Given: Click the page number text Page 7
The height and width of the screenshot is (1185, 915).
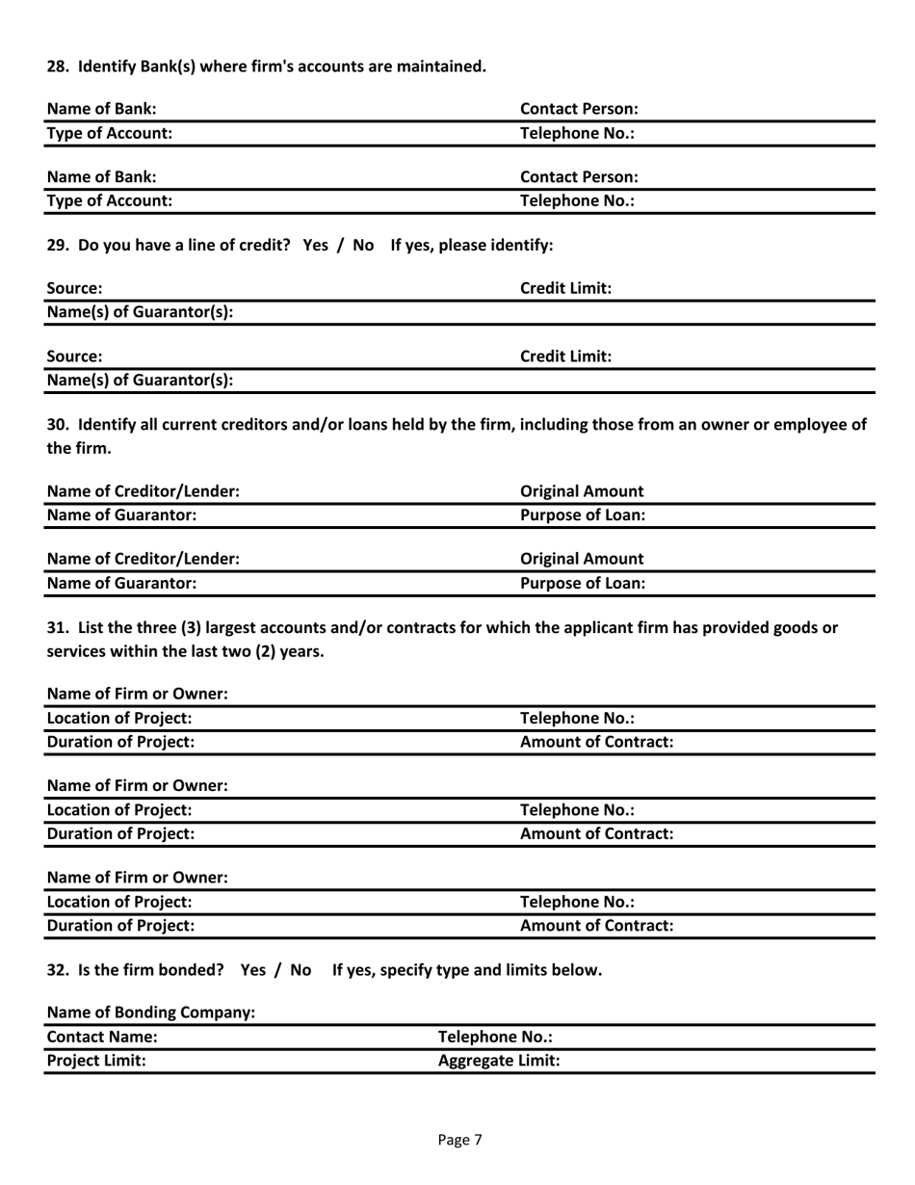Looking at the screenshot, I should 459,1140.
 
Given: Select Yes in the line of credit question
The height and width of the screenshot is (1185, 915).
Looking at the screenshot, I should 317,245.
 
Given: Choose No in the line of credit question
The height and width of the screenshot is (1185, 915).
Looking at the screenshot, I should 362,245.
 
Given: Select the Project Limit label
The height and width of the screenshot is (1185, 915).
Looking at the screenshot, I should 96,1061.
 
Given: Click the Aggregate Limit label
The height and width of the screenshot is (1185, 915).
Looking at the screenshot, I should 499,1061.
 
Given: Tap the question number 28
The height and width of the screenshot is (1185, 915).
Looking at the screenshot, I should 58,66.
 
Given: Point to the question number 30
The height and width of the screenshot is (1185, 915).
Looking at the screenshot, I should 58,423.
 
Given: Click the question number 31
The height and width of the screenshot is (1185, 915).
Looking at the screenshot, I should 58,627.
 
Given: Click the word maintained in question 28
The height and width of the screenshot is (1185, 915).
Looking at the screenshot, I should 438,66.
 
